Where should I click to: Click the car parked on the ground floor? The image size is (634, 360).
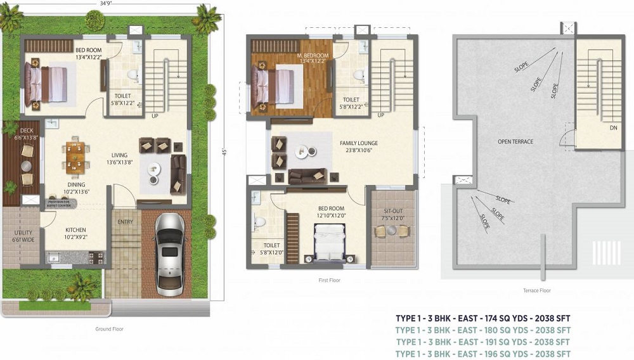[169, 254]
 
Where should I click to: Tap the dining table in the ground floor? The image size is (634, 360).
[75, 157]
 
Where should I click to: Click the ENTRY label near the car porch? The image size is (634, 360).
[126, 221]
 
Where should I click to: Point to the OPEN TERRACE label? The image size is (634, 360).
[515, 142]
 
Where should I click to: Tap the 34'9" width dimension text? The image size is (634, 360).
[107, 4]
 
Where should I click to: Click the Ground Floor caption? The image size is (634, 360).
[109, 329]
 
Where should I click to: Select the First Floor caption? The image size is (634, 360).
[330, 280]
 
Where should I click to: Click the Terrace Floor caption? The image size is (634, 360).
[536, 290]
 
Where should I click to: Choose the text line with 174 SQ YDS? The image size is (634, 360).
[482, 318]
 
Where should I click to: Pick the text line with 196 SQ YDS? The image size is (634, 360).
[482, 354]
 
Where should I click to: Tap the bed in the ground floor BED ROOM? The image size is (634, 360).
[47, 84]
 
